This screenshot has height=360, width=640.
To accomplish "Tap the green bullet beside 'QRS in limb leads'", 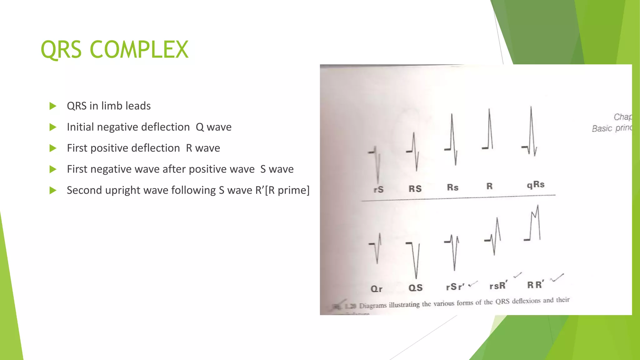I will click(53, 106).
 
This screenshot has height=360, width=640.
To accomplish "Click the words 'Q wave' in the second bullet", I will click(213, 127).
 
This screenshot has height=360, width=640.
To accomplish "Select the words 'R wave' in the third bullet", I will click(203, 148).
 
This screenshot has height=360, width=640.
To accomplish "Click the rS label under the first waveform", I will click(378, 189).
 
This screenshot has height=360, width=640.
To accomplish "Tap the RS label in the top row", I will click(415, 189).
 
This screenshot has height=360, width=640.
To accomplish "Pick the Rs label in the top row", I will click(452, 187).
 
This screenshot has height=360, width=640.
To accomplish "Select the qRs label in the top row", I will click(536, 185).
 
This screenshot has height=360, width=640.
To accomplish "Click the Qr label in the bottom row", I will click(376, 289).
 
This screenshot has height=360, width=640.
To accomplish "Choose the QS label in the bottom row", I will click(415, 288).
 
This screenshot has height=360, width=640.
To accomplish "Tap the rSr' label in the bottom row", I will click(455, 287).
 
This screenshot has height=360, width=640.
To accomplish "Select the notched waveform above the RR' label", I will click(534, 223).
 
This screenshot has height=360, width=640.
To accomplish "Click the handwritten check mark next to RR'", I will click(557, 277).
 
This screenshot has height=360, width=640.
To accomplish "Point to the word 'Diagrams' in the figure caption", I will click(373, 305).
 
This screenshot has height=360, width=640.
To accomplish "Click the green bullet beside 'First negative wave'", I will click(53, 169).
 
